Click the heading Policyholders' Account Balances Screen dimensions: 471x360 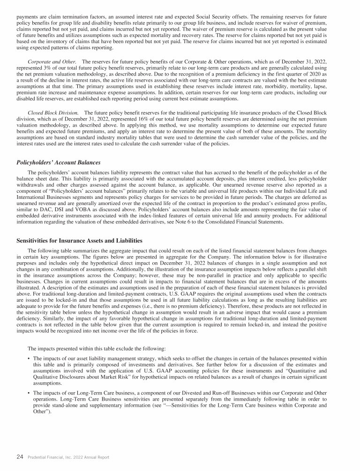pos(59,162)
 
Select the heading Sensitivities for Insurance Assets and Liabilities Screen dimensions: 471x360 pos(79,240)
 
